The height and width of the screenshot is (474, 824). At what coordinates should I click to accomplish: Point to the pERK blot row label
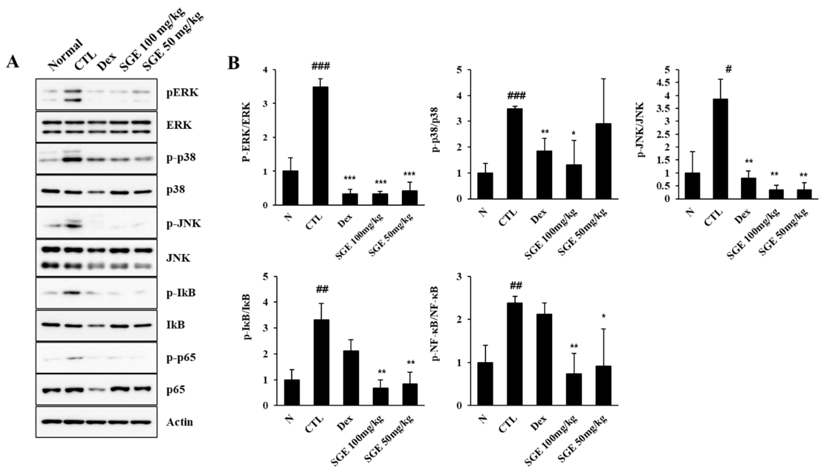tap(182, 93)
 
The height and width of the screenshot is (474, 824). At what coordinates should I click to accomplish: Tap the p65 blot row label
tap(176, 390)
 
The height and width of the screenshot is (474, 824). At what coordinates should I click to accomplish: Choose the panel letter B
tap(233, 63)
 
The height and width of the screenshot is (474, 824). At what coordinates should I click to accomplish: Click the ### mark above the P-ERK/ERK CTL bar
tap(320, 67)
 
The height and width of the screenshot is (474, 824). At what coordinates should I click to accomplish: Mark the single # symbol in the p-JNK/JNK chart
tap(729, 69)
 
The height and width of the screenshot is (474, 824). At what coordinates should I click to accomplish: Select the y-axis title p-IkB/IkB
tap(247, 317)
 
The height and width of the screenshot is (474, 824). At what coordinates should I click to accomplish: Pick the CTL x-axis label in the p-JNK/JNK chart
tap(713, 217)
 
